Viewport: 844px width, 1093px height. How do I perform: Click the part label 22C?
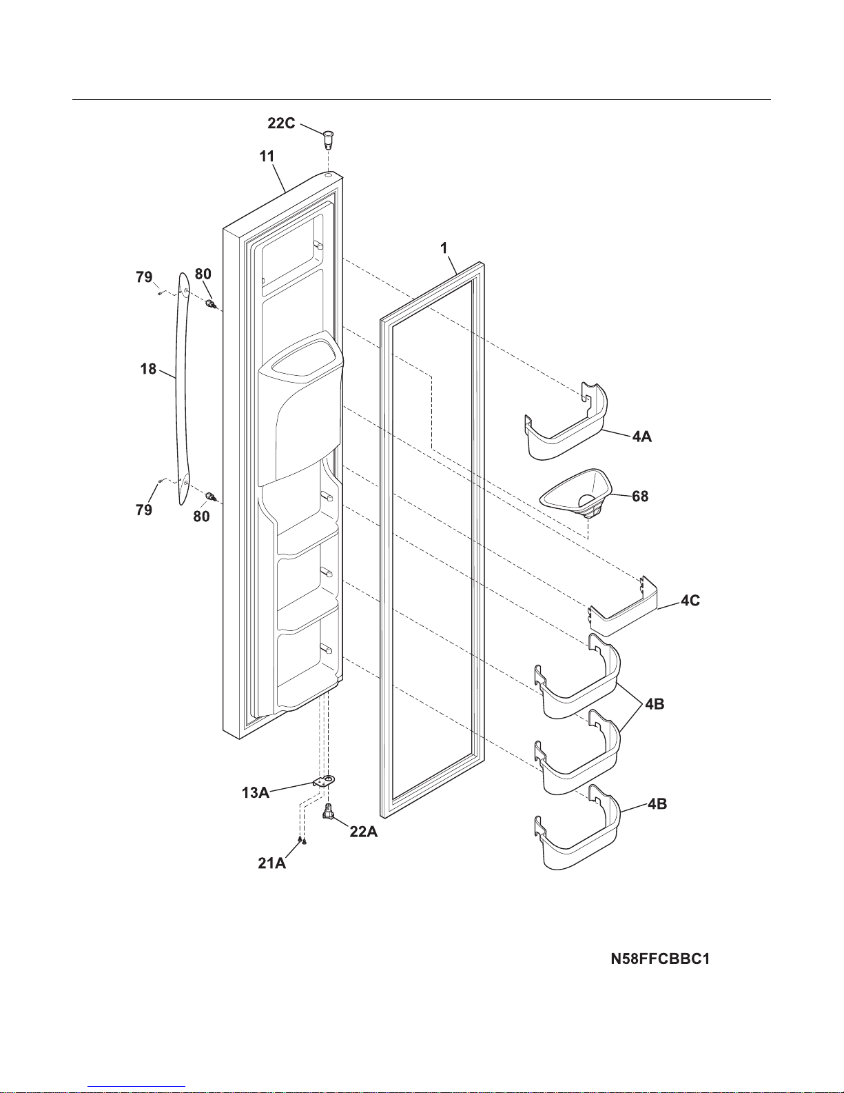[x=281, y=123]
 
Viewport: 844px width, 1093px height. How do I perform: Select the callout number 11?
[x=267, y=157]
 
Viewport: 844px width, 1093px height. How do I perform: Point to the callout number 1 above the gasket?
[x=444, y=248]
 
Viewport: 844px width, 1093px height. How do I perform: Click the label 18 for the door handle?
[x=148, y=369]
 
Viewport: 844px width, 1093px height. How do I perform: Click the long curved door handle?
[x=183, y=388]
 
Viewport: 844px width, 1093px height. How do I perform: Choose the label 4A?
[x=642, y=437]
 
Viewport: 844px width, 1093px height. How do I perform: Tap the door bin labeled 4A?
[x=566, y=421]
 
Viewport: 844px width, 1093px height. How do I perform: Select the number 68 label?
[x=640, y=497]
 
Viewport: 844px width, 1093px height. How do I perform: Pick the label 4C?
[x=690, y=600]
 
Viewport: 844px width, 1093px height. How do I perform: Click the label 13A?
[x=256, y=793]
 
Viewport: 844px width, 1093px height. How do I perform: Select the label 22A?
[x=364, y=832]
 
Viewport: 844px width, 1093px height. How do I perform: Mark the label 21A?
[x=271, y=863]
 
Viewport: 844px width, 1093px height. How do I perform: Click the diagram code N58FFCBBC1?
[x=660, y=959]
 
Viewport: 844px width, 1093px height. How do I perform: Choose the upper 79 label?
[x=144, y=277]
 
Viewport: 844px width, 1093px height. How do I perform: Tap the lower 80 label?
[x=201, y=517]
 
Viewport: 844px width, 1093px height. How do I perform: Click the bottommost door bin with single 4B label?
[x=577, y=827]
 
